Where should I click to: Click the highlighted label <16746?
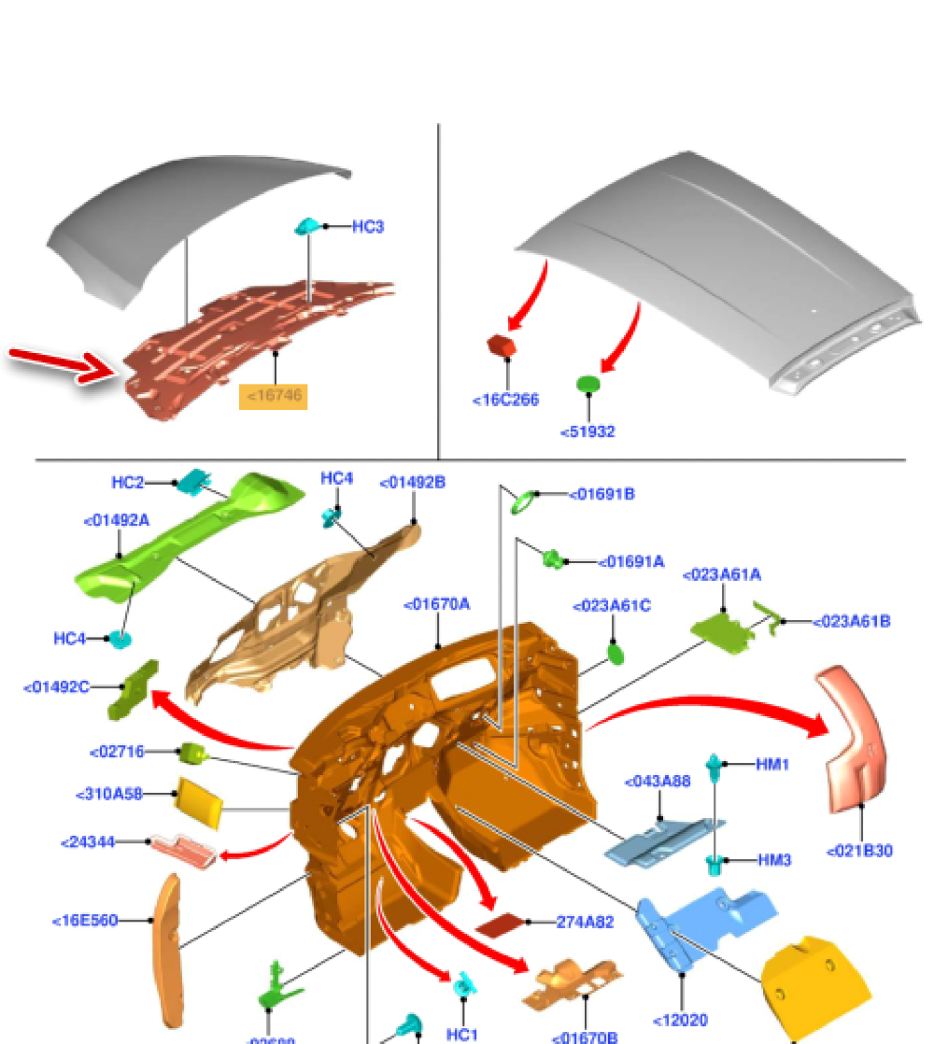pos(274,396)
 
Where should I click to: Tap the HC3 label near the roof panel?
pos(368,226)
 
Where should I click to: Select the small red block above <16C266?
pos(502,346)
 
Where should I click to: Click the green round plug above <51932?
pos(587,383)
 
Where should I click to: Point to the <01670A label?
pos(437,604)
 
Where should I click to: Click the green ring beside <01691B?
pos(525,502)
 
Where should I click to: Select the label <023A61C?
pos(612,606)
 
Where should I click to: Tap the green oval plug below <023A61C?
pos(616,652)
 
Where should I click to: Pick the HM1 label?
pos(772,764)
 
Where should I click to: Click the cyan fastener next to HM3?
pos(715,863)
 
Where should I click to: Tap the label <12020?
pos(681,1021)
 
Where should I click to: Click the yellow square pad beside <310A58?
pos(199,800)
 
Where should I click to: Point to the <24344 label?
pos(88,842)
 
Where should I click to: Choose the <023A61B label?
pos(851,621)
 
